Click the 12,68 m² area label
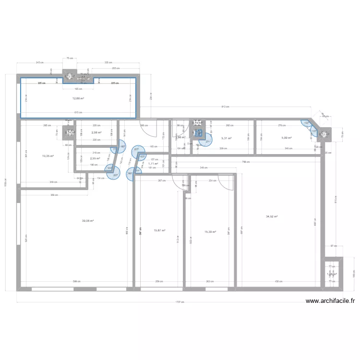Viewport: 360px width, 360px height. [x=78, y=98]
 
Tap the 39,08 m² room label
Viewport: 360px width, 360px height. [x=87, y=221]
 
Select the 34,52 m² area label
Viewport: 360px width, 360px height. [x=272, y=216]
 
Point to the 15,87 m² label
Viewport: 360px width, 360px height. [x=159, y=230]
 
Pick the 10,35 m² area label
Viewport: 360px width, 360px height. [x=48, y=156]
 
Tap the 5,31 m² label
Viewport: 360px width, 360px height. [x=226, y=138]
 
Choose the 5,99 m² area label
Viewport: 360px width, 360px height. [x=287, y=138]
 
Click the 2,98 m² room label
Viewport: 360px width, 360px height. [x=96, y=133]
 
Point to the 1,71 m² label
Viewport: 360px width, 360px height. [x=153, y=164]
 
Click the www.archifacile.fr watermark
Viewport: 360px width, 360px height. [x=330, y=301]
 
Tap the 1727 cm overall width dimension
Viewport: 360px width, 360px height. [x=179, y=302]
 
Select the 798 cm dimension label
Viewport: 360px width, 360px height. [x=246, y=162]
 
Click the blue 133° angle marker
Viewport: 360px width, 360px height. [x=306, y=122]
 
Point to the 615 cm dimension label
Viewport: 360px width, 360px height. [x=78, y=113]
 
